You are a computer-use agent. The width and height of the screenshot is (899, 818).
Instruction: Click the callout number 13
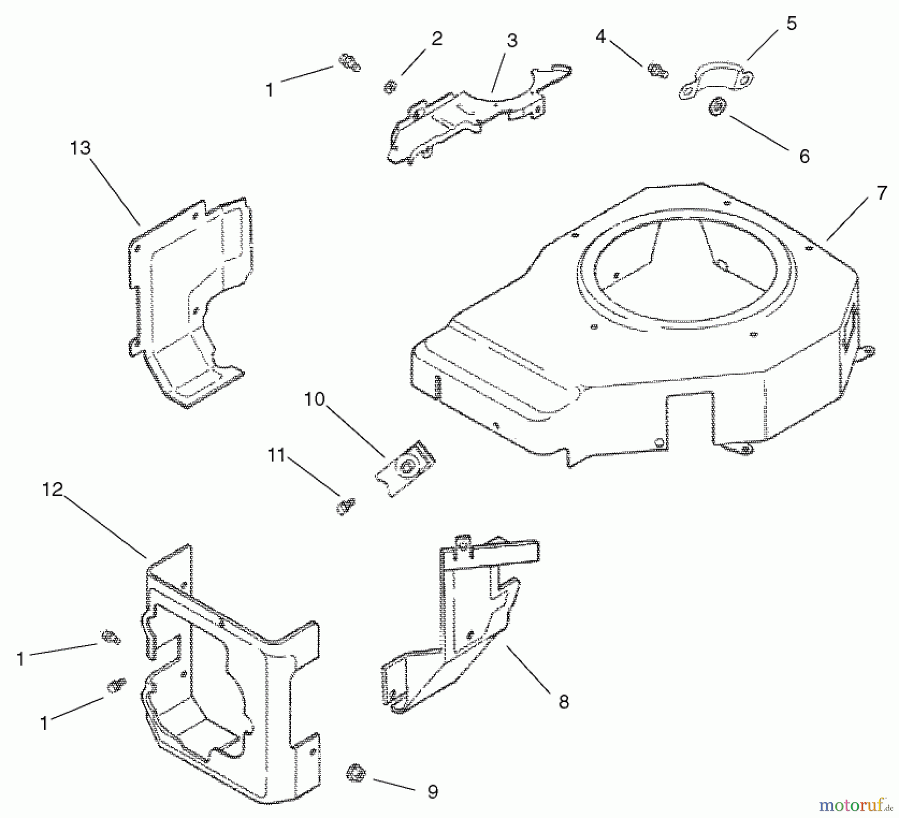(x=80, y=148)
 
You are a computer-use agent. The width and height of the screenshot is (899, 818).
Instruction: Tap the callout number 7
(x=882, y=192)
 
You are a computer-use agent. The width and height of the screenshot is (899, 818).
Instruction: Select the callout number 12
(x=52, y=489)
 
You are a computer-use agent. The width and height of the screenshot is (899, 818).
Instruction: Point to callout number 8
(x=563, y=702)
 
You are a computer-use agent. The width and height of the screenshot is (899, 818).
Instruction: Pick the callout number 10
(x=314, y=400)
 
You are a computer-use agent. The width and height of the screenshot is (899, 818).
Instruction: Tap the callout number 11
(x=276, y=455)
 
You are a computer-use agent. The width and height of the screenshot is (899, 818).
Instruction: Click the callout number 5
(x=792, y=23)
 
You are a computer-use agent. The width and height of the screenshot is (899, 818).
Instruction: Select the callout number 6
(x=804, y=156)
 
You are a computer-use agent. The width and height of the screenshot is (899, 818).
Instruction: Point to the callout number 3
(x=512, y=41)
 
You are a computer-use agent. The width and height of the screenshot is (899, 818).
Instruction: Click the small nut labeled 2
(x=390, y=87)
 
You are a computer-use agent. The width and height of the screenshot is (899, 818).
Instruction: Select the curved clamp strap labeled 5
(x=717, y=80)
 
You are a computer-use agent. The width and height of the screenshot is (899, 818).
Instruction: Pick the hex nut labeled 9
(x=356, y=774)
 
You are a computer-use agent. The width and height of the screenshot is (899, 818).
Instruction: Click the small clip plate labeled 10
(x=405, y=468)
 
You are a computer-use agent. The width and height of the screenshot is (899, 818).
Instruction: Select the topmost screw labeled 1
(x=350, y=63)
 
